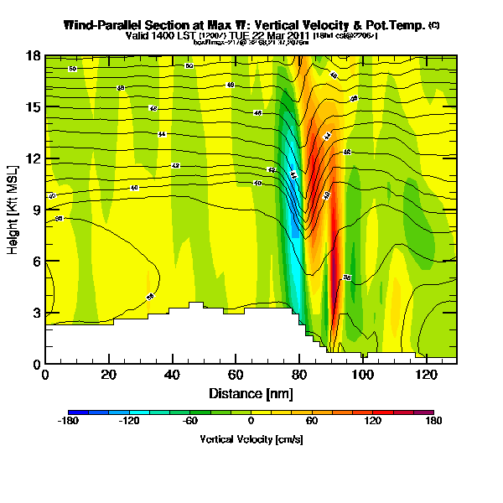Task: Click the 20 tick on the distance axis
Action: pyautogui.click(x=109, y=375)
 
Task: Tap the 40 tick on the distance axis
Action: pyautogui.click(x=172, y=375)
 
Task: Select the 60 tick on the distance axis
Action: pyautogui.click(x=236, y=375)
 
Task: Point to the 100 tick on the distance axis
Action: pyautogui.click(x=362, y=375)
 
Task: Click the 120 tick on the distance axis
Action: pyautogui.click(x=426, y=375)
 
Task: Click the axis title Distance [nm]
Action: pyautogui.click(x=251, y=393)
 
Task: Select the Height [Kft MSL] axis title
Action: pyautogui.click(x=15, y=210)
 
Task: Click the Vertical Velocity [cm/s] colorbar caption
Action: pyautogui.click(x=251, y=439)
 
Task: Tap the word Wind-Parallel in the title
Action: pyautogui.click(x=105, y=25)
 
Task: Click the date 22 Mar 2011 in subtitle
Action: pyautogui.click(x=282, y=36)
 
